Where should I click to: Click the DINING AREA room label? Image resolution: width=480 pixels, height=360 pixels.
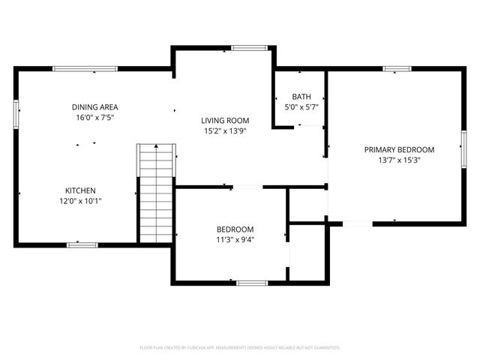pyautogui.click(x=94, y=107)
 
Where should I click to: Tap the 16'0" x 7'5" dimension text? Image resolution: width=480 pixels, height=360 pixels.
pyautogui.click(x=94, y=118)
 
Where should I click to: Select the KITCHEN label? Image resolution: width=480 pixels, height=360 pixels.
pyautogui.click(x=79, y=190)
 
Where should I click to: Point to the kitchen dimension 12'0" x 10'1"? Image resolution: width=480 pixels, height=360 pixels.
pyautogui.click(x=79, y=201)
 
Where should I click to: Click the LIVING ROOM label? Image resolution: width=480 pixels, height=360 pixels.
pyautogui.click(x=225, y=121)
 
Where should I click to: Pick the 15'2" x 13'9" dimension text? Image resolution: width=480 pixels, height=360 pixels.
pyautogui.click(x=225, y=131)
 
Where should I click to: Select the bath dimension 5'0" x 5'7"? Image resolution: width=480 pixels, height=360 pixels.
pyautogui.click(x=301, y=108)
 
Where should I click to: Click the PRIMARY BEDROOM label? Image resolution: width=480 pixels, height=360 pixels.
pyautogui.click(x=399, y=149)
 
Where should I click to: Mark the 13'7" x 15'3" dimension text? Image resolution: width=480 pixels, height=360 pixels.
pyautogui.click(x=399, y=160)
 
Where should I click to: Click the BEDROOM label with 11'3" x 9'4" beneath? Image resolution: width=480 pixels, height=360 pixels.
pyautogui.click(x=235, y=229)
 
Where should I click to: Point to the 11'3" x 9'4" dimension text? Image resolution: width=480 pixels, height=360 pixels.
pyautogui.click(x=235, y=240)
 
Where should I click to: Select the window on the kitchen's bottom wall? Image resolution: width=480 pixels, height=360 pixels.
pyautogui.click(x=82, y=244)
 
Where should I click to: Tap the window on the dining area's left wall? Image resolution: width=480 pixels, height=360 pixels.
pyautogui.click(x=16, y=115)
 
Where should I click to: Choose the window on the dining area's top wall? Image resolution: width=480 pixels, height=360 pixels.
pyautogui.click(x=85, y=69)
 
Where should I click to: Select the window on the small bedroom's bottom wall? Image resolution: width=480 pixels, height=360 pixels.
pyautogui.click(x=252, y=283)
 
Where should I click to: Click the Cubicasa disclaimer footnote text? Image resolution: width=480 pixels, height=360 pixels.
pyautogui.click(x=240, y=348)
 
